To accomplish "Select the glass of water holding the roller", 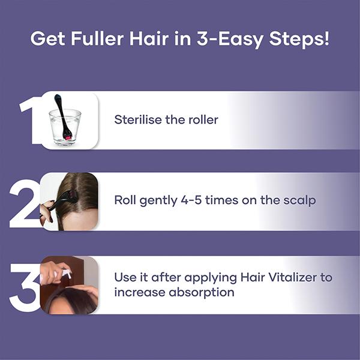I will [x=65, y=127].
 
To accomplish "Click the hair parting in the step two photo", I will [x=74, y=192].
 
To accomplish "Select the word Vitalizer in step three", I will [x=307, y=278].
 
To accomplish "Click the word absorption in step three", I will [x=200, y=293].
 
